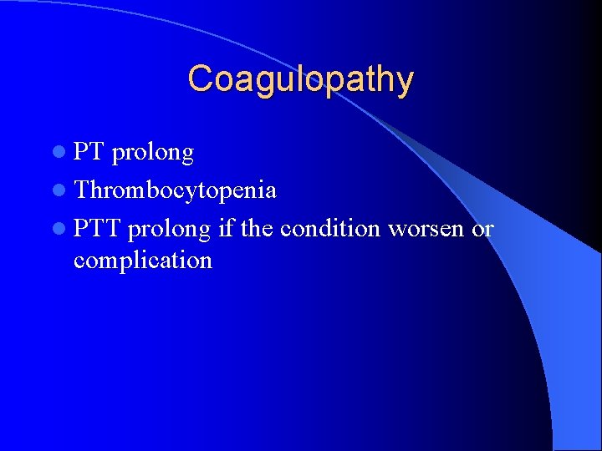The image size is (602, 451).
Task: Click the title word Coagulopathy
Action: [300, 80]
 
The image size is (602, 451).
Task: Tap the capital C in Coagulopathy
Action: [200, 79]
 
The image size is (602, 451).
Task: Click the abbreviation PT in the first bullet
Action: [88, 152]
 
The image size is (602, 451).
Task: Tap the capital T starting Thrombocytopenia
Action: [81, 190]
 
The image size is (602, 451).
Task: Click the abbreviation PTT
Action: [97, 228]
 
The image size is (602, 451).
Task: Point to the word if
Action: [226, 227]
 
